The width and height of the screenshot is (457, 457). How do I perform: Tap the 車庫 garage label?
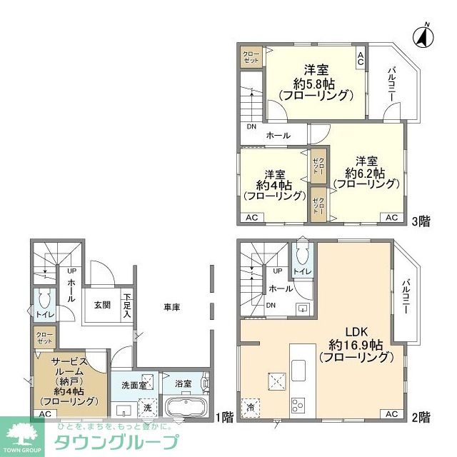point(171,307)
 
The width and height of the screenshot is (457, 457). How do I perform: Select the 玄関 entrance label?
point(102,305)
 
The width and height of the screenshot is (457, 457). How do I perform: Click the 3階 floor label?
point(421,221)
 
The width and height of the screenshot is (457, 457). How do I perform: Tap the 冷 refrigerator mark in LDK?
point(251,405)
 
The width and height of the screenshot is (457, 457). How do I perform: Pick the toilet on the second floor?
point(301,255)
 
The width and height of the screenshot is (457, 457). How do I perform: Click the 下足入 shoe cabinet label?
point(127,305)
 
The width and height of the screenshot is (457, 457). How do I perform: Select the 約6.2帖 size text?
point(366,173)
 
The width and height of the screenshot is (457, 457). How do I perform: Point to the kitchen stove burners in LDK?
point(297,405)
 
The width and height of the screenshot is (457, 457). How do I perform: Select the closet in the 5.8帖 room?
point(251,58)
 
